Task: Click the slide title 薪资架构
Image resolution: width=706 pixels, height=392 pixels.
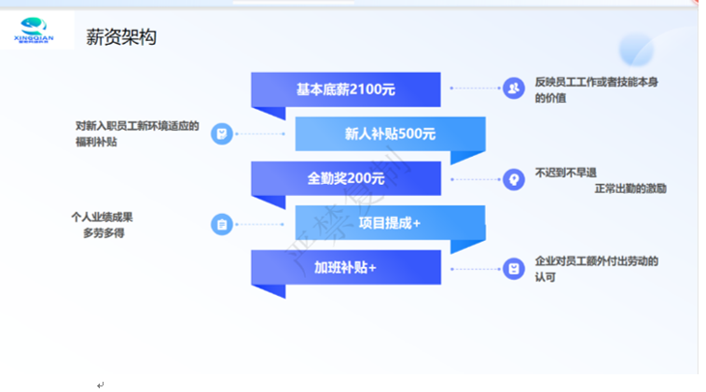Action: pos(120,38)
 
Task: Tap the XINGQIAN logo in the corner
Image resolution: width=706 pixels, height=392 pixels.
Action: pos(36,31)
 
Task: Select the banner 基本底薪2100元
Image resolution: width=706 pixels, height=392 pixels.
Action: pos(346,90)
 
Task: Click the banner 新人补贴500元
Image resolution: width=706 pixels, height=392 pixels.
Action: pos(390,133)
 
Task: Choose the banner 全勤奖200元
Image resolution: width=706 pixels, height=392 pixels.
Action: pos(346,178)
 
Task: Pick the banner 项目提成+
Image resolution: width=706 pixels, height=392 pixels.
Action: pos(390,223)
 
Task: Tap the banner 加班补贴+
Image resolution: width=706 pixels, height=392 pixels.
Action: pos(346,268)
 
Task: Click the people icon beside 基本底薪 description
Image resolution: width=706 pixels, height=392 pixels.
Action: pos(513,89)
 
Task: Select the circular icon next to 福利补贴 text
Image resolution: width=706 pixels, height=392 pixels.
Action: pos(222,134)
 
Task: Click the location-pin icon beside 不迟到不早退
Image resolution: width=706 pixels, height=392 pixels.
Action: pos(513,179)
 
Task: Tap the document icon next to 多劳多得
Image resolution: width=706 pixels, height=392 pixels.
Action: pos(222,224)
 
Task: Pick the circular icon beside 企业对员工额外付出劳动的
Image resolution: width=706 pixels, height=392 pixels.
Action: pos(513,269)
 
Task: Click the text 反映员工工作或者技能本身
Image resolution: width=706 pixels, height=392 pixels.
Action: pos(597,82)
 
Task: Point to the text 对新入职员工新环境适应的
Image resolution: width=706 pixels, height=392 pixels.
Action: pos(137,126)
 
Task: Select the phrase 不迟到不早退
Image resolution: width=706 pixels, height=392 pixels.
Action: pos(565,172)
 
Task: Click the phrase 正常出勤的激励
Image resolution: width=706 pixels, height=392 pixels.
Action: pos(630,189)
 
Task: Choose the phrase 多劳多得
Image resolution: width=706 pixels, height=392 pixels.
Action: pos(104,233)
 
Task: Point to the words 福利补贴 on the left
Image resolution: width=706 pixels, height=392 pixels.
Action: pos(98,143)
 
